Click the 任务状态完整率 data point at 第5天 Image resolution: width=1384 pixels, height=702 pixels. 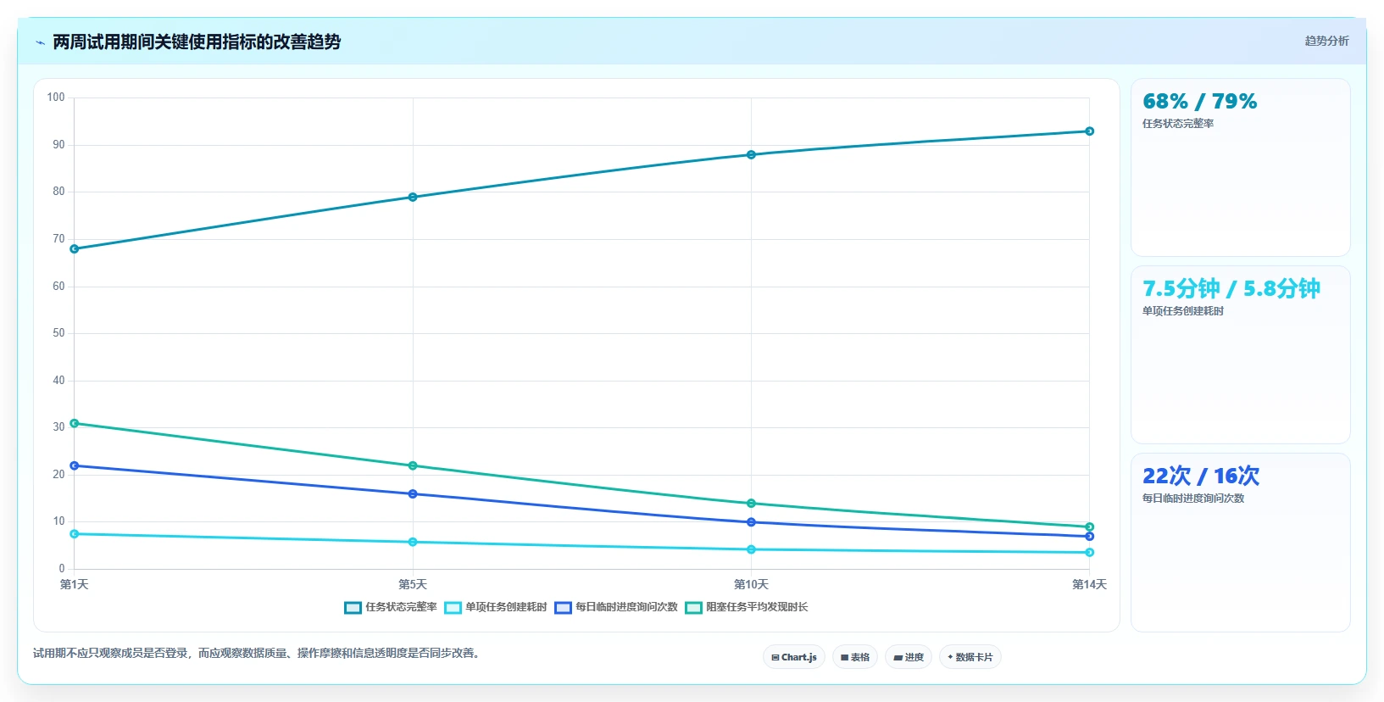tap(413, 198)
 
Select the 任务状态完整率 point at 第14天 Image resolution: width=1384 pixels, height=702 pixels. tap(1089, 131)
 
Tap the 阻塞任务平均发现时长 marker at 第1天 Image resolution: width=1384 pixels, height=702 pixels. tap(74, 423)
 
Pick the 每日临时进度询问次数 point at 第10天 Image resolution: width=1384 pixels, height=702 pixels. tap(751, 522)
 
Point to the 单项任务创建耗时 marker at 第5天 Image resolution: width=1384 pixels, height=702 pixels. tap(413, 542)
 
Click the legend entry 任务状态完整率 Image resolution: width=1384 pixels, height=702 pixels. tap(391, 607)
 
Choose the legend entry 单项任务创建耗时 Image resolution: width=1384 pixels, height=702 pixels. tap(496, 607)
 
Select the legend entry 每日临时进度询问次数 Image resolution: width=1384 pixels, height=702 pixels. tap(616, 607)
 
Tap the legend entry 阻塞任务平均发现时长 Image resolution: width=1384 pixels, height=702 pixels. tap(747, 607)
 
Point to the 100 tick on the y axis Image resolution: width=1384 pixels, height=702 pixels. tap(56, 97)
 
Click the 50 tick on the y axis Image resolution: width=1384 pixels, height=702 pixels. tap(58, 333)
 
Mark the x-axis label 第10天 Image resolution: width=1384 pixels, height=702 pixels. tap(751, 585)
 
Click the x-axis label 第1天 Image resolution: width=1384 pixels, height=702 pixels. tap(74, 585)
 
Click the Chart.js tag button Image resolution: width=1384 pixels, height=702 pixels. tap(794, 657)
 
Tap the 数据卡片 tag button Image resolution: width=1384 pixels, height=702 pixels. tap(970, 657)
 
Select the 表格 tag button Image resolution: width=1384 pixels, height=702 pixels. tap(855, 657)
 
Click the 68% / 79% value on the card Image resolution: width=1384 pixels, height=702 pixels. tap(1200, 102)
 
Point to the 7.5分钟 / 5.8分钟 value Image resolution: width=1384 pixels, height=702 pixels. tap(1231, 288)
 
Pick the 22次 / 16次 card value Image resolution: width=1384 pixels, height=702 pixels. tap(1201, 476)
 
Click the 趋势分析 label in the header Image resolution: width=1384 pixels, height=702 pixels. tap(1326, 42)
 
